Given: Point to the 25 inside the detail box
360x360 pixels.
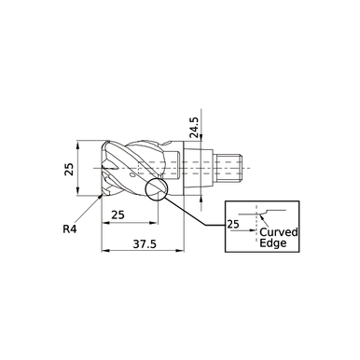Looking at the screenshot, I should pos(233,224).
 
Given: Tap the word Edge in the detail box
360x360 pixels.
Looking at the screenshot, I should pos(273,243).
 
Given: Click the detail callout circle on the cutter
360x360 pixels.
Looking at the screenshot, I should pos(156,190).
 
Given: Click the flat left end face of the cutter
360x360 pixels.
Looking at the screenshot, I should pos(100,170).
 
